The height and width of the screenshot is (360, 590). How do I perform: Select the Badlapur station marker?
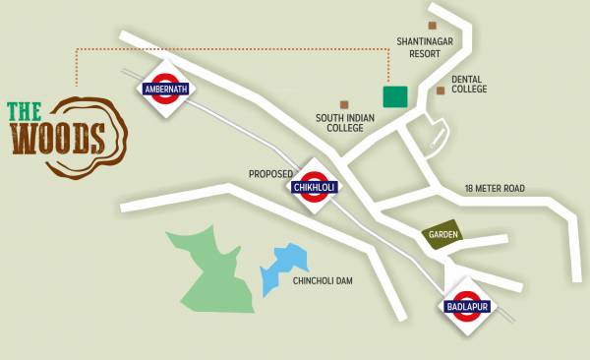pyautogui.click(x=465, y=307)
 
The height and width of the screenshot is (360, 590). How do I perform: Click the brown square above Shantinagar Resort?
pyautogui.click(x=431, y=26)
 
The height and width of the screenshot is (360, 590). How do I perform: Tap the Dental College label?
pyautogui.click(x=469, y=84)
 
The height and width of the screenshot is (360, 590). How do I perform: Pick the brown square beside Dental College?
pyautogui.click(x=441, y=90)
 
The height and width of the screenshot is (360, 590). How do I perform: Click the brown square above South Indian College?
pyautogui.click(x=343, y=103)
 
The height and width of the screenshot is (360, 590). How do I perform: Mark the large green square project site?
pyautogui.click(x=395, y=96)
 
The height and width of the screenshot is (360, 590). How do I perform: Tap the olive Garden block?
pyautogui.click(x=441, y=234)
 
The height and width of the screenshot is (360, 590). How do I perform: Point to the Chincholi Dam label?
pyautogui.click(x=323, y=281)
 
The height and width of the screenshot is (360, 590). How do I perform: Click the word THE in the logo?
pyautogui.click(x=26, y=110)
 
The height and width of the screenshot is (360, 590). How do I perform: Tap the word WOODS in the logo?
pyautogui.click(x=59, y=138)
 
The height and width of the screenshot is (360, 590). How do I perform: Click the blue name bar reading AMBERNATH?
pyautogui.click(x=164, y=89)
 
